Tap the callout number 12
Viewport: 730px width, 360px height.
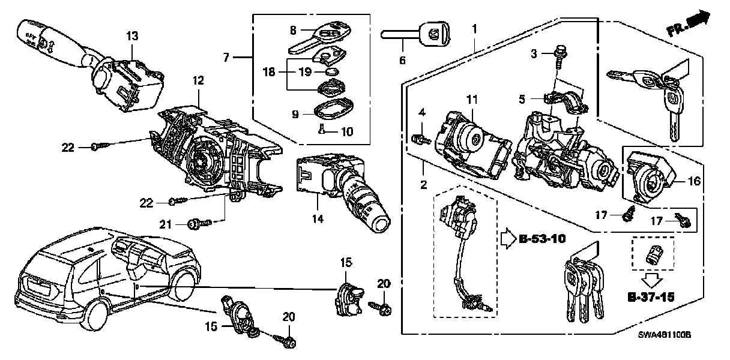pyautogui.click(x=198, y=80)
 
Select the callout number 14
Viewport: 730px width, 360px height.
pyautogui.click(x=317, y=220)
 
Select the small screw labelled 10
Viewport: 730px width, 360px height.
pyautogui.click(x=322, y=129)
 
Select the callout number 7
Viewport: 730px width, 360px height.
pyautogui.click(x=226, y=58)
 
